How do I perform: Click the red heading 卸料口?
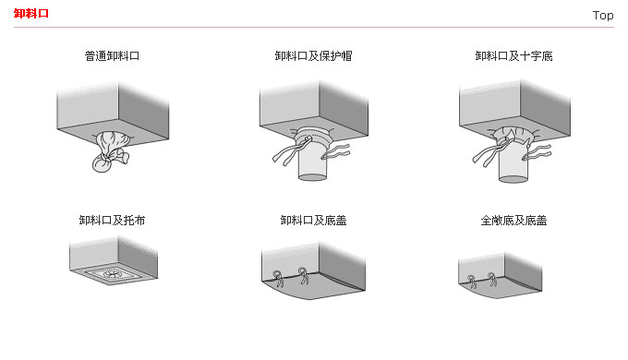coord(30,14)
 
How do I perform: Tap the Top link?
coord(603,15)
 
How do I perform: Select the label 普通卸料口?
coord(112,56)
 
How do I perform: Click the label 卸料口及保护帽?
coord(313,56)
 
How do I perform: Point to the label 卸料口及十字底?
coord(513,56)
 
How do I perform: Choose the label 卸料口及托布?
coord(112,221)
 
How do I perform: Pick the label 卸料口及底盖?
coord(313,221)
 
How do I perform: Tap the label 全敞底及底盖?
coord(513,221)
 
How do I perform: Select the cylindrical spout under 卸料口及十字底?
coord(513,164)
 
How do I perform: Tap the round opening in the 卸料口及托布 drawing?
coord(112,273)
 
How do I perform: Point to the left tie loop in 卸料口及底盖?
coord(278,279)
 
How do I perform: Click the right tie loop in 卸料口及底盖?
coord(304,275)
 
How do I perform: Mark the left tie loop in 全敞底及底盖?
coord(473,282)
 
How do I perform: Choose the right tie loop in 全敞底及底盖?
coord(492,279)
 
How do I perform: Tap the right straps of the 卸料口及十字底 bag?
coord(537,152)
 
